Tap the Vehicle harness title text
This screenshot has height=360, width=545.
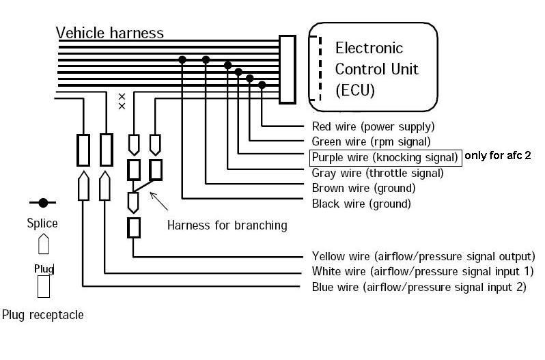(109, 33)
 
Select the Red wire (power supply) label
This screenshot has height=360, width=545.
(373, 126)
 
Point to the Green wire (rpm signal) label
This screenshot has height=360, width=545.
(371, 142)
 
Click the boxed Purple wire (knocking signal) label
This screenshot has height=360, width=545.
(385, 158)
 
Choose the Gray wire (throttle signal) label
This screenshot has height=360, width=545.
(378, 173)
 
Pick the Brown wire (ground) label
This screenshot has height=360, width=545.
(363, 189)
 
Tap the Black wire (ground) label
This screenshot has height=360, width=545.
(361, 204)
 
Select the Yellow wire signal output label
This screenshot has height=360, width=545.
(423, 256)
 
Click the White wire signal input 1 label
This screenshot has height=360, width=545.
(423, 271)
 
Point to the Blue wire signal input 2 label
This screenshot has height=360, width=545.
(419, 287)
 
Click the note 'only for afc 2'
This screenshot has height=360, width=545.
(498, 155)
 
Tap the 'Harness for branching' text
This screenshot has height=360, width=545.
(227, 225)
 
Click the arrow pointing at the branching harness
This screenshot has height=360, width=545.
(159, 202)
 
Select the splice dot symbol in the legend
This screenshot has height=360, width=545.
(43, 203)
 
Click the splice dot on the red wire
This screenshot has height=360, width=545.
(262, 85)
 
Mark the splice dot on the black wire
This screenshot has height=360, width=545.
(182, 59)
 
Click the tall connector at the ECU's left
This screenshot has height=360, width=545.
(288, 70)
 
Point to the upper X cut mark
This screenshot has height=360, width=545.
(122, 96)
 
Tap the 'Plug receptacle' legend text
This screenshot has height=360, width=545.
(43, 315)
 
